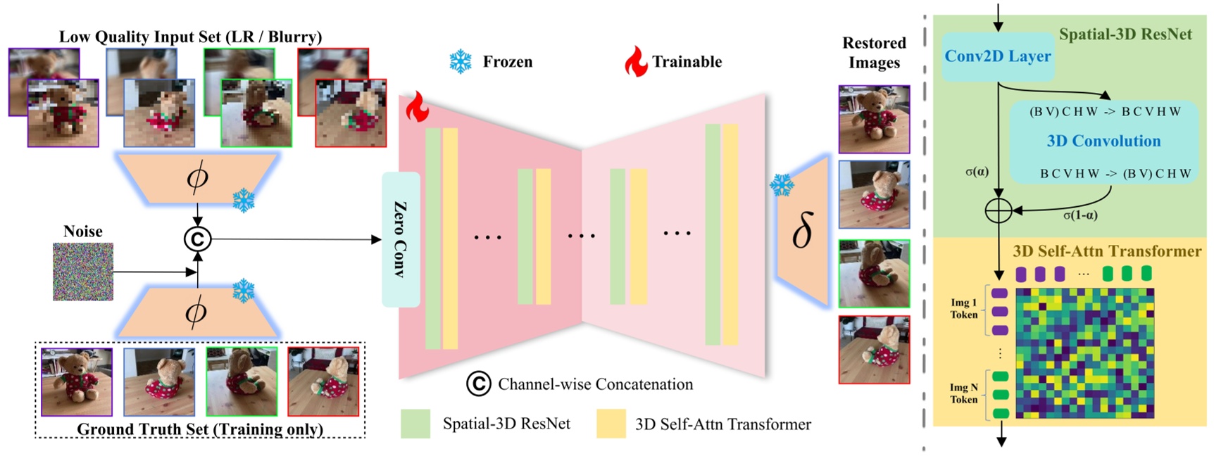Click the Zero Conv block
401,239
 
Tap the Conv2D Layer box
997,56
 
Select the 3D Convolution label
1103,141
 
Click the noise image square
83,272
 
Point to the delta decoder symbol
803,232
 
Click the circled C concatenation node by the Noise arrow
197,239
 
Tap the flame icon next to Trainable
636,62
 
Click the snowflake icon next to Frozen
461,62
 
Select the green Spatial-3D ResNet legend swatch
415,424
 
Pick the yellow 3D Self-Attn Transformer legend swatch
611,424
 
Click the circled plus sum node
998,210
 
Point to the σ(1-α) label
1080,215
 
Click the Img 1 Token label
963,309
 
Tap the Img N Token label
963,393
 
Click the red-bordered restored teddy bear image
874,350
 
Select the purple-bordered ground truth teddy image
77,381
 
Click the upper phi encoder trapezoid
197,178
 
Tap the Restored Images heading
874,53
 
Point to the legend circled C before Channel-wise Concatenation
478,384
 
